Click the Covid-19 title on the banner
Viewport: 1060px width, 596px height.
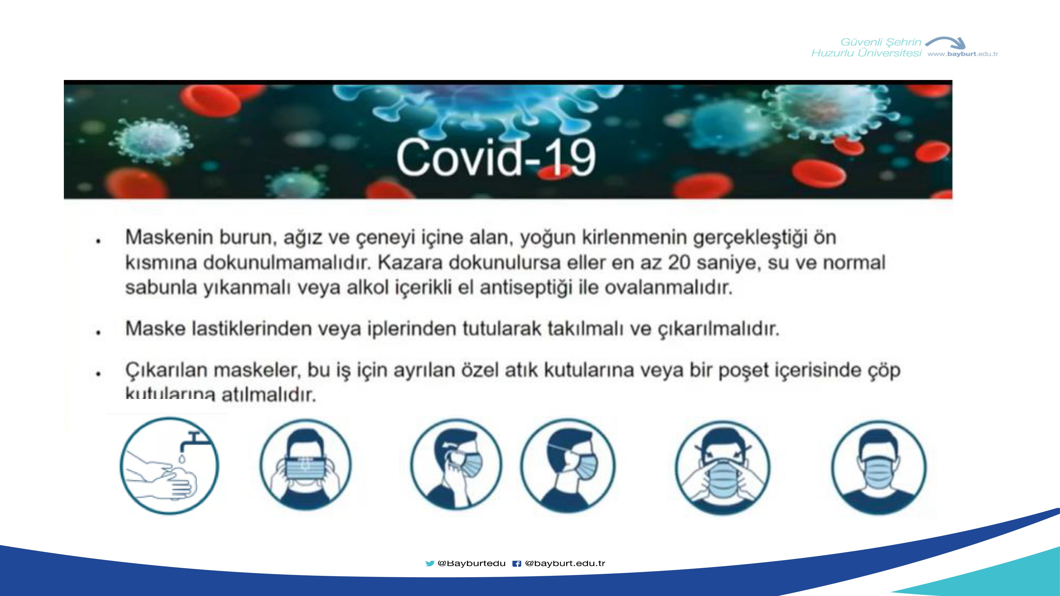click(496, 158)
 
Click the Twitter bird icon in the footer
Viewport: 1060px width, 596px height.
click(430, 563)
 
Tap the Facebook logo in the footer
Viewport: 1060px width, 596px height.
click(517, 563)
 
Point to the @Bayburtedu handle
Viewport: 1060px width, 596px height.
click(472, 563)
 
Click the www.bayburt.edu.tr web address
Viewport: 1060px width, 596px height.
click(963, 54)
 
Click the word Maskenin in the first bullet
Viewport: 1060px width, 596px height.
click(169, 237)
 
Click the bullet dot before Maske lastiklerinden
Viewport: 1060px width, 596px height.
click(98, 332)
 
